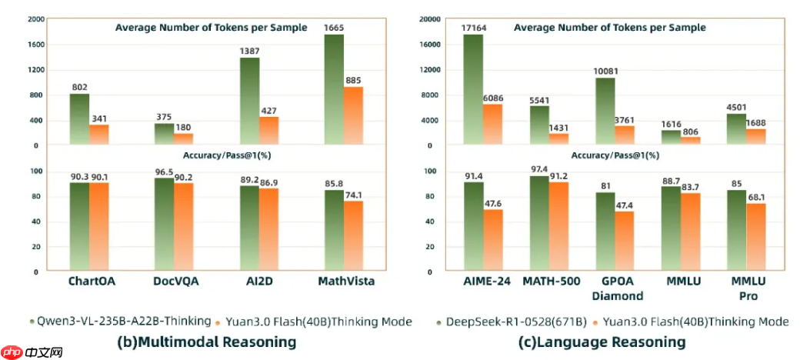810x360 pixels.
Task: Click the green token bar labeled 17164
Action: [473, 89]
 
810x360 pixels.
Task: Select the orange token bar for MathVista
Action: [353, 115]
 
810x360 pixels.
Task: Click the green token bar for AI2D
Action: [249, 101]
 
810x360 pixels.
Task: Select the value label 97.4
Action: [539, 169]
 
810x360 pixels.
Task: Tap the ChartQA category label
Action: [92, 282]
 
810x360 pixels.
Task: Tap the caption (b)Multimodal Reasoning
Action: [205, 342]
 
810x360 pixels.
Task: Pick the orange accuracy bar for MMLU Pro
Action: [757, 237]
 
